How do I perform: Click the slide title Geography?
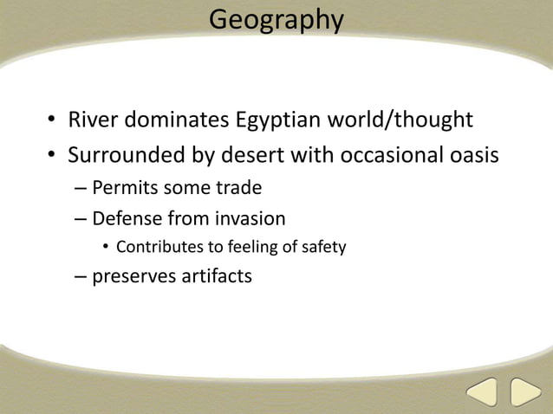[x=276, y=19]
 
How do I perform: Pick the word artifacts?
[x=216, y=278]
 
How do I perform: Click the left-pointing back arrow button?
[x=482, y=393]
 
